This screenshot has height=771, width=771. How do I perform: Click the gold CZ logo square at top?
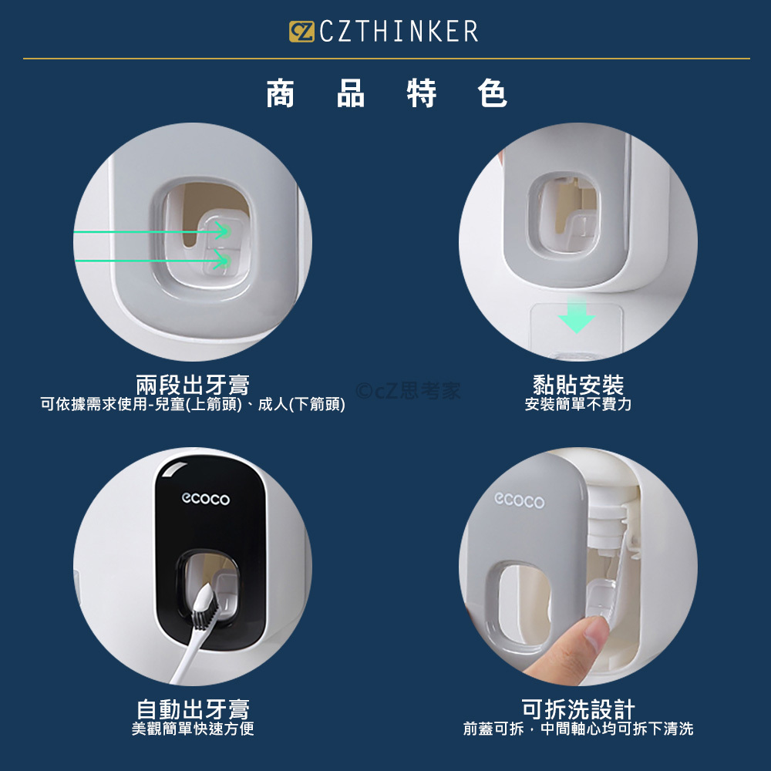click(301, 32)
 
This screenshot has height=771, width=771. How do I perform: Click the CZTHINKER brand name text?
click(399, 32)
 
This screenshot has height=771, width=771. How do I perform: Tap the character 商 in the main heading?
click(281, 93)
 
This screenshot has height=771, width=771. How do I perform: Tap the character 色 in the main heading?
click(492, 93)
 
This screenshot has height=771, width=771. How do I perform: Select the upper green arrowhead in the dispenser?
click(222, 231)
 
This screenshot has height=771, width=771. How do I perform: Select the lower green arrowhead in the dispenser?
click(222, 260)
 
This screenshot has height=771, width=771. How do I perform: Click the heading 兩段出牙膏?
click(193, 385)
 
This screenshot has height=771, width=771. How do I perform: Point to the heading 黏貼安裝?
click(578, 385)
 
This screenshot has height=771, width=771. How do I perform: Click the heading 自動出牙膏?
click(193, 709)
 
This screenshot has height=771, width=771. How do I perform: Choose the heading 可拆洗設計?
click(578, 709)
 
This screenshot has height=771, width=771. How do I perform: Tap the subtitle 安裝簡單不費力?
click(578, 404)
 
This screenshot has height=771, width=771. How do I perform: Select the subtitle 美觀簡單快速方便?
click(193, 729)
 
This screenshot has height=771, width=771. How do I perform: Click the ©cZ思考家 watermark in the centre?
click(408, 391)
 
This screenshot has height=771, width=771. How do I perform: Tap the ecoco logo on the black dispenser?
click(206, 499)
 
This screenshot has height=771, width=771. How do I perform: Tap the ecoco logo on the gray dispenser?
click(519, 500)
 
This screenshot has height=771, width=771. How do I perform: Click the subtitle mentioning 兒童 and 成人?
click(193, 404)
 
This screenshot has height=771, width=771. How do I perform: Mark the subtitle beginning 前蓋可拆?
click(578, 729)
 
